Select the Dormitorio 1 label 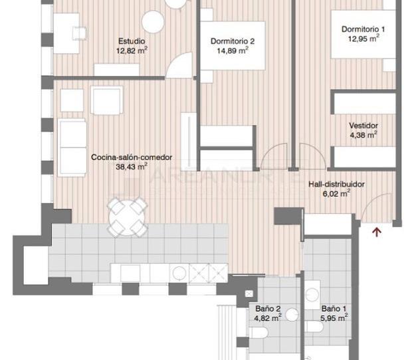(x=363, y=29)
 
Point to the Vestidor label (x=363, y=125)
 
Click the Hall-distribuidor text (x=336, y=185)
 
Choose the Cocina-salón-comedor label (x=131, y=157)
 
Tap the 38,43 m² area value (x=131, y=167)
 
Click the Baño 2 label (x=268, y=308)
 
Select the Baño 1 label (x=334, y=308)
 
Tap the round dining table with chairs (x=127, y=215)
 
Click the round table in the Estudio (x=152, y=23)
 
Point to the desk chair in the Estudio (x=80, y=32)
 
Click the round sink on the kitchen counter (x=179, y=273)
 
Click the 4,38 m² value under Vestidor (x=363, y=135)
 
